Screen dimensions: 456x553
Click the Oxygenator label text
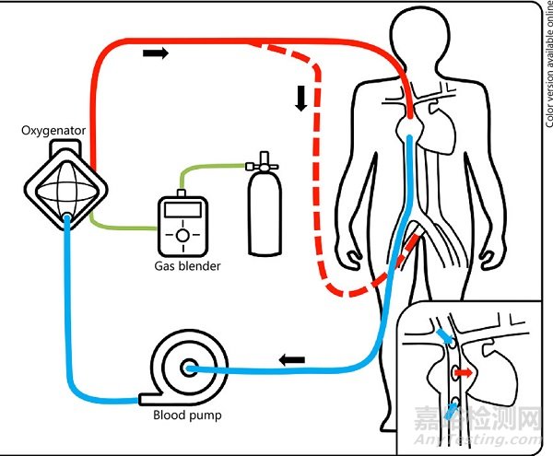[54, 130]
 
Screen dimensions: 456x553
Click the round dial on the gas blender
[183, 237]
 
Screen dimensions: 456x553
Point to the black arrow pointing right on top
[157, 53]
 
